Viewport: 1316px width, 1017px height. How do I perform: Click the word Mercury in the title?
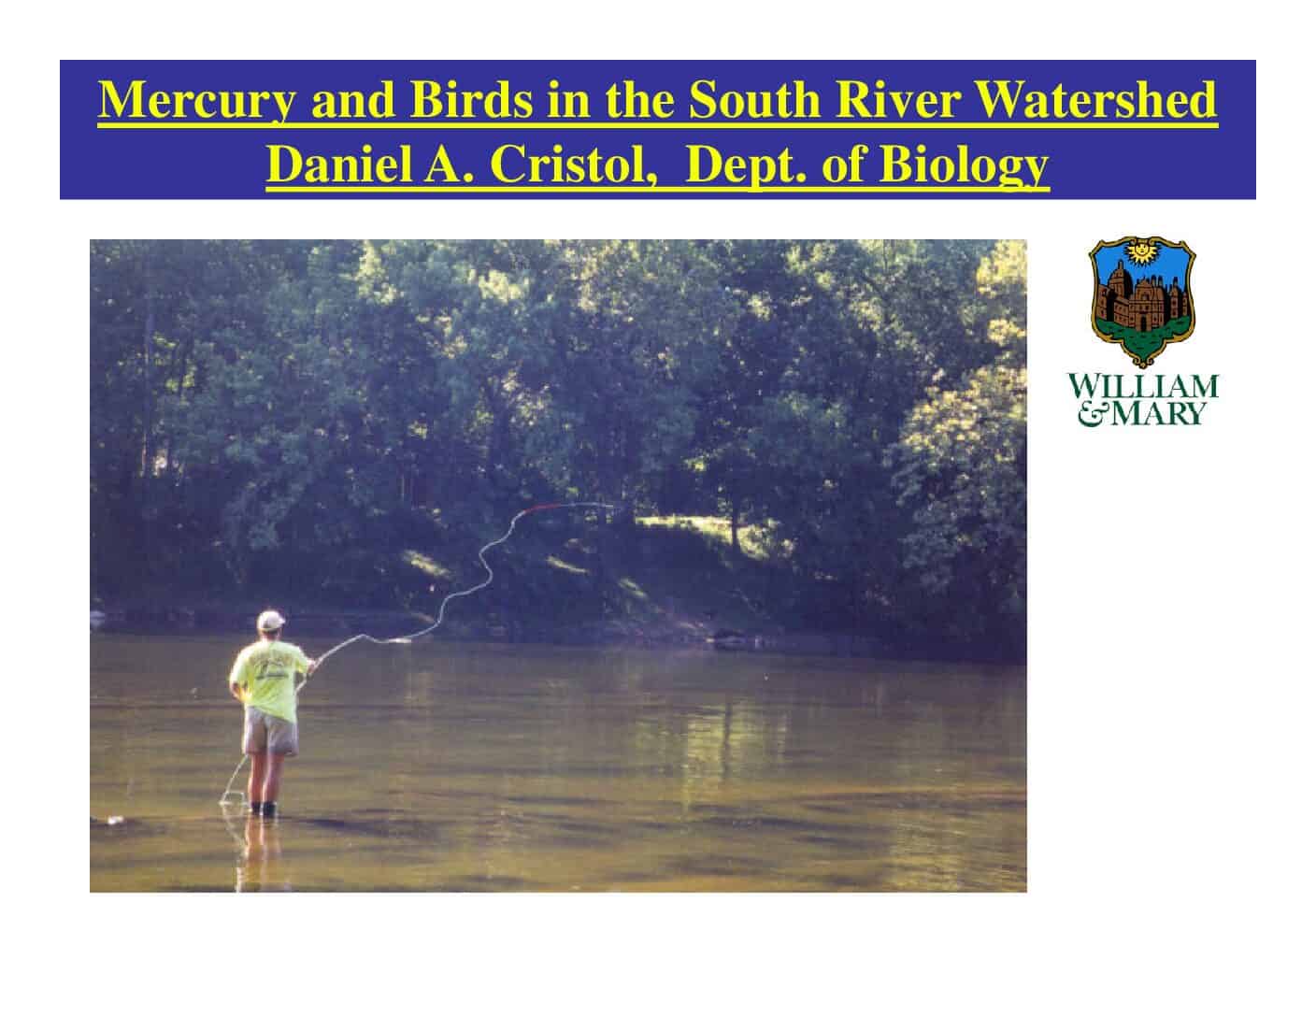tap(197, 101)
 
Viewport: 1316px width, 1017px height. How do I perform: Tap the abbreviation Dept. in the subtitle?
tap(746, 165)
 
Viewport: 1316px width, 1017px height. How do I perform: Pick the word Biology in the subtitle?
tap(964, 165)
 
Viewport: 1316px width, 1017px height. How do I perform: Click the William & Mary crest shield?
tap(1141, 301)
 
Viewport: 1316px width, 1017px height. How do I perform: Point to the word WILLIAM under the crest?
tap(1142, 386)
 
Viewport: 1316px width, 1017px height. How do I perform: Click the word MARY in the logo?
tap(1157, 414)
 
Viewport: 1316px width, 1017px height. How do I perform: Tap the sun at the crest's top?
tap(1141, 251)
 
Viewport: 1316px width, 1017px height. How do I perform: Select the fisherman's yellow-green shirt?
tap(269, 680)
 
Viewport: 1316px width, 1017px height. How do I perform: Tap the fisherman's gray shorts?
tap(270, 731)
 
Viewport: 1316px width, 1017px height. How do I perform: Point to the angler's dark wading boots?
tap(264, 808)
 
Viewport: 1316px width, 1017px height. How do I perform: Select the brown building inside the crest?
tap(1140, 299)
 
